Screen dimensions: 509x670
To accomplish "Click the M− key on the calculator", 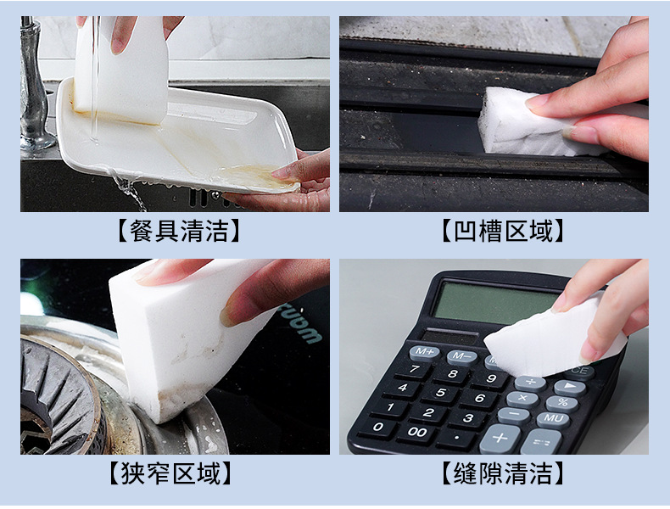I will [461, 356].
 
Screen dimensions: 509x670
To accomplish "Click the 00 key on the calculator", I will [416, 431].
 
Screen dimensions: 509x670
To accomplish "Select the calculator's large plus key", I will [500, 439].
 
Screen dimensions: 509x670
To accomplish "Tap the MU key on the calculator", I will [553, 418].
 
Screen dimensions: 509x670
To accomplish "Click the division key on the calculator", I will [530, 383].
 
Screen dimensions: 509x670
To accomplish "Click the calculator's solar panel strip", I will [451, 337].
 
